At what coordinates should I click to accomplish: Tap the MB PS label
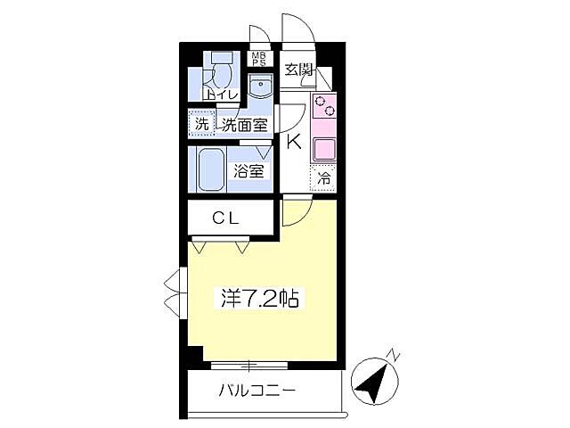(x=258, y=60)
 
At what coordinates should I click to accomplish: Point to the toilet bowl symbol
(x=222, y=71)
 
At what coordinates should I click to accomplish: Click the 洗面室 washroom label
(x=244, y=125)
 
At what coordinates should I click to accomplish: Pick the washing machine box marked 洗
(x=201, y=124)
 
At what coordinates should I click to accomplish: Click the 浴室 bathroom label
(x=248, y=171)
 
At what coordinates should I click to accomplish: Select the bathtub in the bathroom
(x=212, y=168)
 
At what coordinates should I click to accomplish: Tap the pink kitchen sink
(x=322, y=150)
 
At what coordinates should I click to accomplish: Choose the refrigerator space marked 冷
(x=324, y=177)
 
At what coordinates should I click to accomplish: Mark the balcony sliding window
(x=249, y=364)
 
